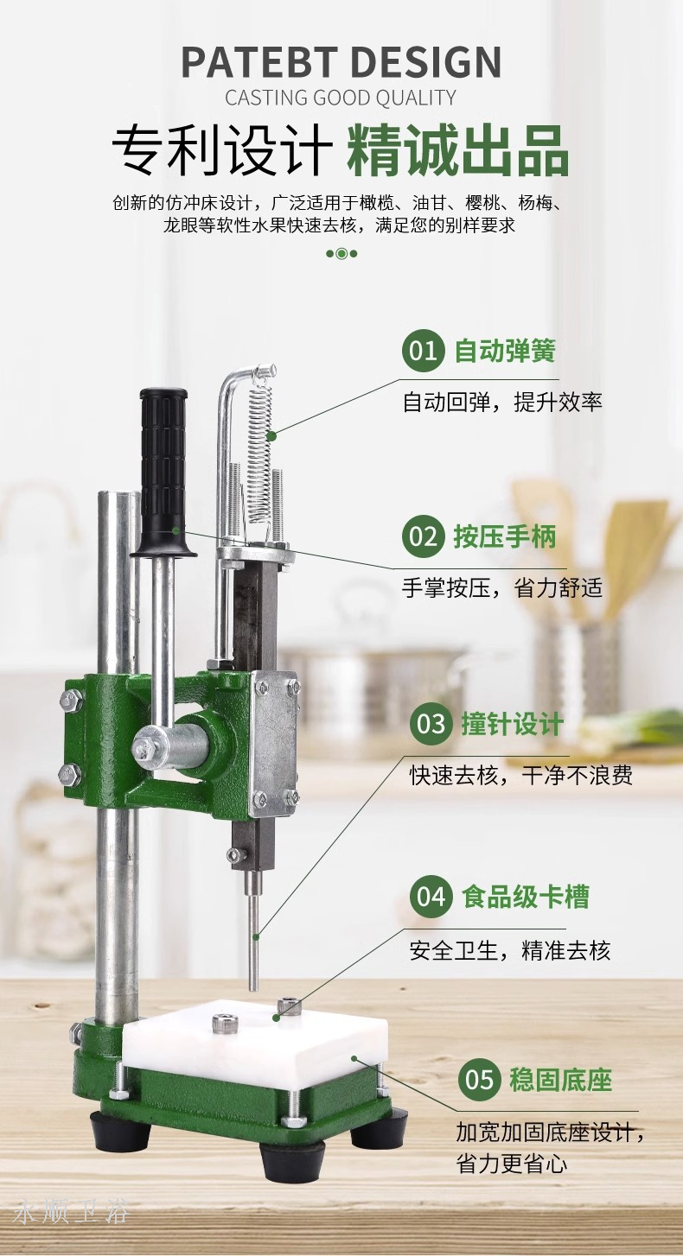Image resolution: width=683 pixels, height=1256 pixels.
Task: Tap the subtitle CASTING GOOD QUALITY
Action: tap(341, 98)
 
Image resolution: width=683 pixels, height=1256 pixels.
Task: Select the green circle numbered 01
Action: tap(423, 351)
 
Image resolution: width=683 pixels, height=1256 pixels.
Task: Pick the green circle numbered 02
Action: tap(423, 536)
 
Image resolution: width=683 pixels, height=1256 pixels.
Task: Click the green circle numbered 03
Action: tap(431, 724)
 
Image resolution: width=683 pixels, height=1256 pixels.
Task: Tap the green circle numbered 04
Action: tap(431, 896)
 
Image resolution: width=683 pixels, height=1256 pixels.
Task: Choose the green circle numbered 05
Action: tap(479, 1080)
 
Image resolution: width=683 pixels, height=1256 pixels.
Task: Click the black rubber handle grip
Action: tap(163, 472)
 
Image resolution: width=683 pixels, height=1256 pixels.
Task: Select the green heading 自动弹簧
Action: tap(505, 351)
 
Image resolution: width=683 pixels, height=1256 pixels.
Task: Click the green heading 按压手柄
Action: tap(505, 536)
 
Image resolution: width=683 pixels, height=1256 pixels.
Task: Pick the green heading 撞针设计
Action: tap(513, 724)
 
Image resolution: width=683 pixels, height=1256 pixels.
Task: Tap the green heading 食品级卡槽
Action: tap(526, 896)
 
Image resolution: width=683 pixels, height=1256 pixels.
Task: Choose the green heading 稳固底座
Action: tap(560, 1080)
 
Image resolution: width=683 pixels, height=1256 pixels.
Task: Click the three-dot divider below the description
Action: tap(341, 253)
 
